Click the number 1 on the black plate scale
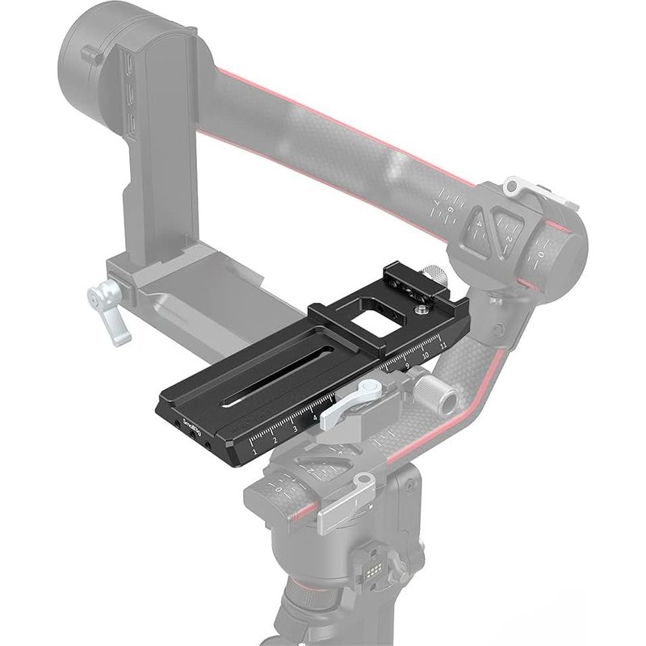[x=255, y=453]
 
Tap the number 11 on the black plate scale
[x=443, y=345]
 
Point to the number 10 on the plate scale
[x=426, y=355]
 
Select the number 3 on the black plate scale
[x=295, y=430]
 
